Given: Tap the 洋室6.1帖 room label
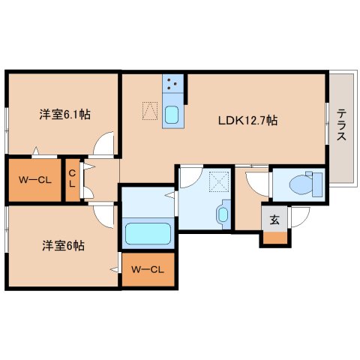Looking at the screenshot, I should click(65, 115).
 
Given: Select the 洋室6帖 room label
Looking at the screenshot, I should click(62, 245).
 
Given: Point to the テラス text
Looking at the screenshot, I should click(341, 126).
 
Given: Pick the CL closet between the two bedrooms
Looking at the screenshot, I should click(72, 179).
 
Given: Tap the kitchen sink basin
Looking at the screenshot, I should click(172, 115).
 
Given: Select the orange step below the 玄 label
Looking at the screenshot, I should click(274, 239).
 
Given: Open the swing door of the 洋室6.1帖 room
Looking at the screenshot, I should click(107, 142).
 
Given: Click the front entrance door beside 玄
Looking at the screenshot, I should click(299, 218).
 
